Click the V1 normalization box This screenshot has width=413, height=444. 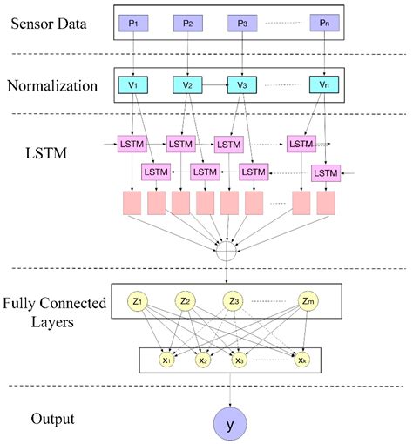(x=133, y=85)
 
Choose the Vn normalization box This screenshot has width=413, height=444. (x=324, y=85)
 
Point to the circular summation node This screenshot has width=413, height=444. (x=227, y=253)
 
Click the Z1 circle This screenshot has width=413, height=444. (x=137, y=301)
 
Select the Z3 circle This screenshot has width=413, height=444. (x=233, y=301)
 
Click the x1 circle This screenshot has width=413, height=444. (x=166, y=358)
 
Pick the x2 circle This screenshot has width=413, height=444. (x=202, y=358)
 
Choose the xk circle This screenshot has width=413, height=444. (x=301, y=358)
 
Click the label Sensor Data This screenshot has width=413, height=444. (x=49, y=21)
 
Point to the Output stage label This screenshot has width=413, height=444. (x=50, y=419)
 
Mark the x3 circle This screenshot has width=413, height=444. (x=238, y=358)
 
